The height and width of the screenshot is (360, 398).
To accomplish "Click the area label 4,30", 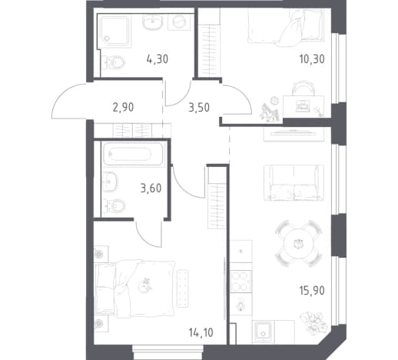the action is coord(158,59).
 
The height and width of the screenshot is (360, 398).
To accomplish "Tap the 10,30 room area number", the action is coord(312,59).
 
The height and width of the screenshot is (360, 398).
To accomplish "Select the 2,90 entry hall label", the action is coord(123,107).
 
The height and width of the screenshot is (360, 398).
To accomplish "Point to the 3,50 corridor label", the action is coord(199,108).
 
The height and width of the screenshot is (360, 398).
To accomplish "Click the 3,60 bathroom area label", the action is coord(151,188).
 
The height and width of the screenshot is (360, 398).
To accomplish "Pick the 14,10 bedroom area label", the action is coord(201,333).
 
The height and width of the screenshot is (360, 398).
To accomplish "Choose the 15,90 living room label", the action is coord(312,291).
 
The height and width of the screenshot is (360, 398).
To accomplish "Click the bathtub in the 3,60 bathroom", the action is coord(132,153).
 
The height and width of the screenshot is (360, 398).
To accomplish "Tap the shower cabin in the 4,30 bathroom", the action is coord(114,32).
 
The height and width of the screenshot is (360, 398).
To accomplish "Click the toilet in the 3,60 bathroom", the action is coord(114,205).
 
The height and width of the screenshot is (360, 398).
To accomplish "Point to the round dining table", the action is coord(299,243).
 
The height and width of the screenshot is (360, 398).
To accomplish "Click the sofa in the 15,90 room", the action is coord(294,183).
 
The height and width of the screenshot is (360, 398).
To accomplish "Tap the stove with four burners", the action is coord(241,282).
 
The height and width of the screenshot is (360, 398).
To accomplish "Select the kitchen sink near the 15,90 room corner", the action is coord(263,332).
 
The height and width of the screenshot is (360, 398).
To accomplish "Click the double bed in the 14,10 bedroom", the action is coord(135,288).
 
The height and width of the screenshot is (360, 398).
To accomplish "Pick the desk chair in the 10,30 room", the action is coord(303,87).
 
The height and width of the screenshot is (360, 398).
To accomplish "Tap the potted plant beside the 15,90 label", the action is coord(314,322).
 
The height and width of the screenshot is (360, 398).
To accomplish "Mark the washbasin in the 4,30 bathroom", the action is coord(153,22).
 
